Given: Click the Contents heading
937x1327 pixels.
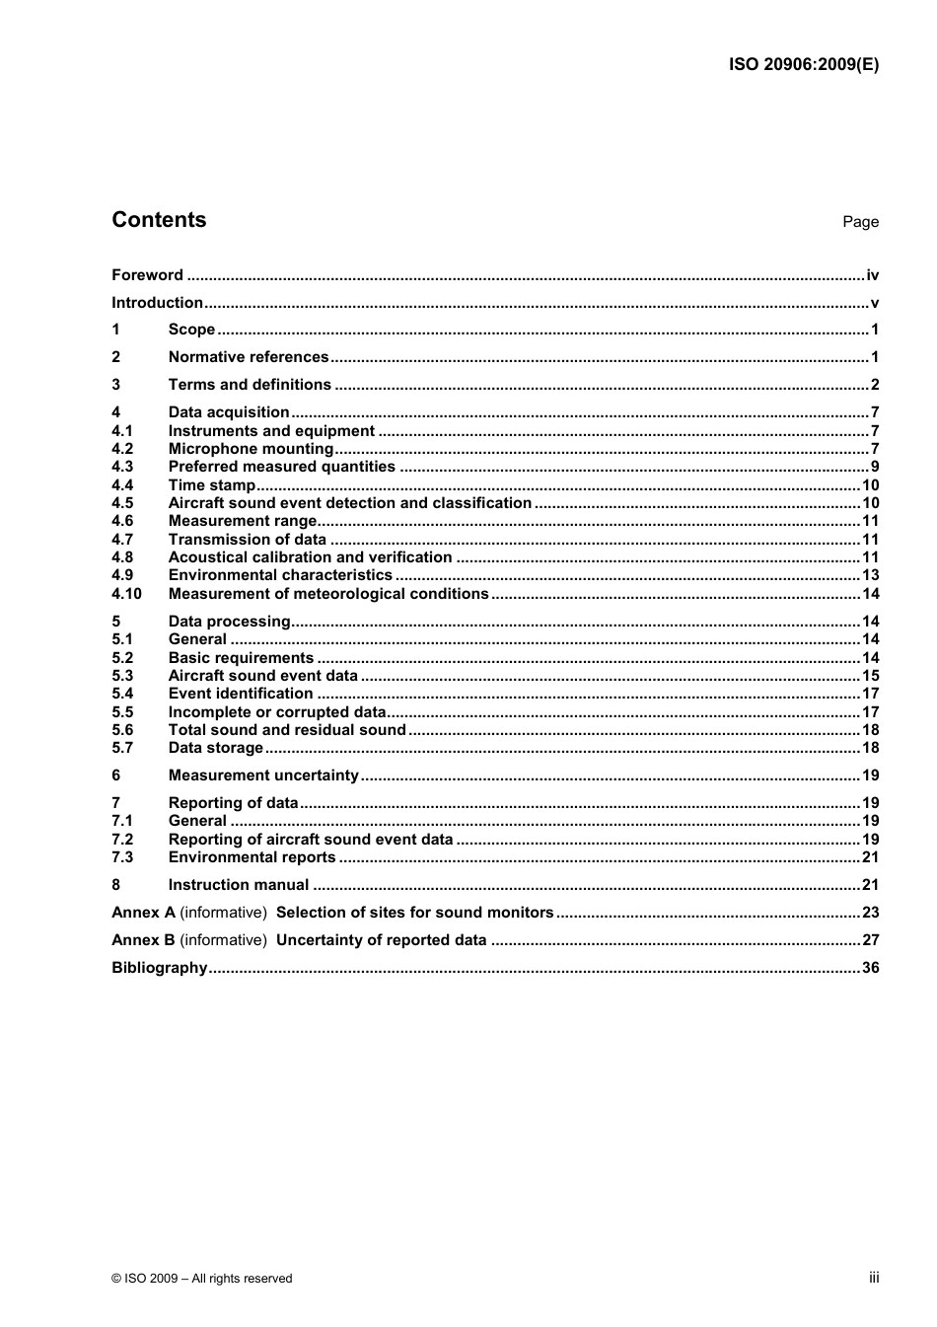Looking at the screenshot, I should coord(159,220).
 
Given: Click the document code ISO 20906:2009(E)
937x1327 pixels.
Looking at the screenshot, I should coord(803,65).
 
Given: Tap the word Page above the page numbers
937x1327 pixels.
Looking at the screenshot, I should coord(860,222).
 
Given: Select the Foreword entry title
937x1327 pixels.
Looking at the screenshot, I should coord(147,275).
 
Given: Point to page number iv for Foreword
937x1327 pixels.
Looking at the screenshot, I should coord(872,275).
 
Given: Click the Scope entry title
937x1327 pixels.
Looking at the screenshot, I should coord(191,330).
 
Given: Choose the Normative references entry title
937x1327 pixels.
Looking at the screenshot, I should coord(249,357).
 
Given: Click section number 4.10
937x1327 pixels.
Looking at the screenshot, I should coord(126,594).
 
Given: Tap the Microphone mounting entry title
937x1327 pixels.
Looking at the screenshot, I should coord(251,449).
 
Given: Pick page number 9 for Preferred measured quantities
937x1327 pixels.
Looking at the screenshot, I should coord(874,467).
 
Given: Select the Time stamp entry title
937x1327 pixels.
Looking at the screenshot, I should coord(211,485).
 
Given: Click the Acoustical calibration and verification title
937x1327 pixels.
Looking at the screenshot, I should coord(310,557).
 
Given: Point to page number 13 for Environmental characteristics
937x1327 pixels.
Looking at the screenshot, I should coord(870,575).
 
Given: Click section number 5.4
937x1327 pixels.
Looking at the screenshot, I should coord(122,694).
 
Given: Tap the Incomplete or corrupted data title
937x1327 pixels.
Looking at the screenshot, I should coord(277,712).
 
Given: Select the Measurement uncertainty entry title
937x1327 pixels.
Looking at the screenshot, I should coord(263,775).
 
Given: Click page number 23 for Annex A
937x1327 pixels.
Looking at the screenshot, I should coord(870,913).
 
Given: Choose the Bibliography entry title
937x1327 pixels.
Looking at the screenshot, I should coord(160,968).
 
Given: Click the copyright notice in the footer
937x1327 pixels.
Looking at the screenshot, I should coord(202,1279).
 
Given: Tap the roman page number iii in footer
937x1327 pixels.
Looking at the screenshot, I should coord(874,1278).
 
